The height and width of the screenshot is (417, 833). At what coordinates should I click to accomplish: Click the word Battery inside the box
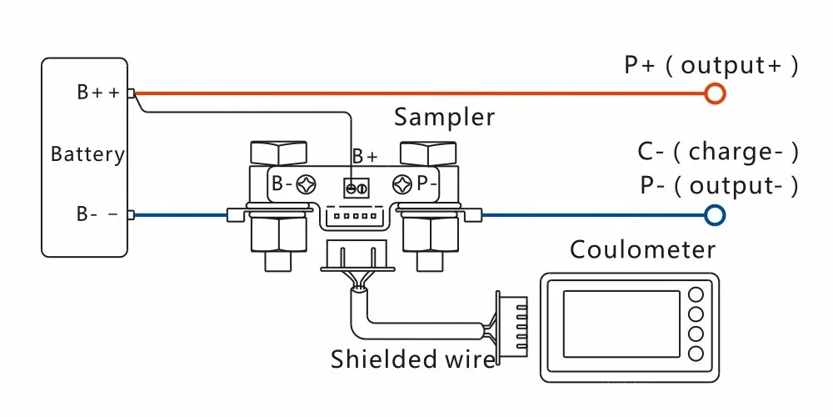point(87,154)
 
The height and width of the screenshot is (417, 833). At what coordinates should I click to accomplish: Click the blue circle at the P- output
point(714,215)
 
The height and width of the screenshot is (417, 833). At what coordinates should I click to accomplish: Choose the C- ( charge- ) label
point(718,152)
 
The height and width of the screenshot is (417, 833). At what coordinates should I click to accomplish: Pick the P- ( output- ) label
point(719,185)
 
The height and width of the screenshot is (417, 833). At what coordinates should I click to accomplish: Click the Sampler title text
point(444,117)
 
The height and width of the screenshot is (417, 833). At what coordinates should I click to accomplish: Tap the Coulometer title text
point(642,249)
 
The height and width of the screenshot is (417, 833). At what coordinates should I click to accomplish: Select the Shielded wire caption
point(413,359)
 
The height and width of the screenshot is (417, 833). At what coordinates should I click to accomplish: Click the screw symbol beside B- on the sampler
point(306,184)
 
